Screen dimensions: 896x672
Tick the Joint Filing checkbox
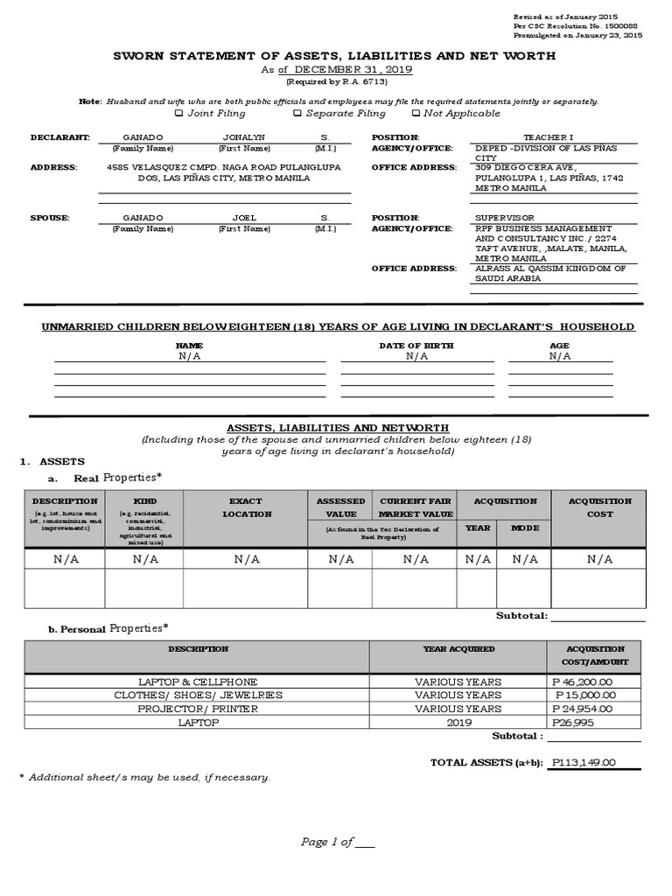pyautogui.click(x=179, y=113)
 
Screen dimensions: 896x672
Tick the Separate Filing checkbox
pyautogui.click(x=297, y=113)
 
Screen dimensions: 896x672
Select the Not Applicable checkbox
pyautogui.click(x=416, y=113)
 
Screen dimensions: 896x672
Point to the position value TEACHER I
pyautogui.click(x=548, y=138)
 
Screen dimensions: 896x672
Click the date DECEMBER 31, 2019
pyautogui.click(x=353, y=70)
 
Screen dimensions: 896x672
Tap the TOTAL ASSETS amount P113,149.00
pyautogui.click(x=584, y=762)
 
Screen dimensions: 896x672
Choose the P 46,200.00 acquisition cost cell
pyautogui.click(x=584, y=681)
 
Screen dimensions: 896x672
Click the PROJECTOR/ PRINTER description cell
pyautogui.click(x=198, y=709)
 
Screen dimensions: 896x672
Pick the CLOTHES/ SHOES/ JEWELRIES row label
pyautogui.click(x=198, y=695)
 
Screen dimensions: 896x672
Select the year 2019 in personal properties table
pyautogui.click(x=458, y=723)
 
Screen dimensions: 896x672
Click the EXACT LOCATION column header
pyautogui.click(x=246, y=507)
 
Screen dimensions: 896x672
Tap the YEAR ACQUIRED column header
pyautogui.click(x=458, y=649)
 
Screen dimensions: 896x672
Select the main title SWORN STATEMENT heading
pyautogui.click(x=335, y=55)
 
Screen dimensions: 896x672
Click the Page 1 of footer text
pyautogui.click(x=337, y=842)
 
